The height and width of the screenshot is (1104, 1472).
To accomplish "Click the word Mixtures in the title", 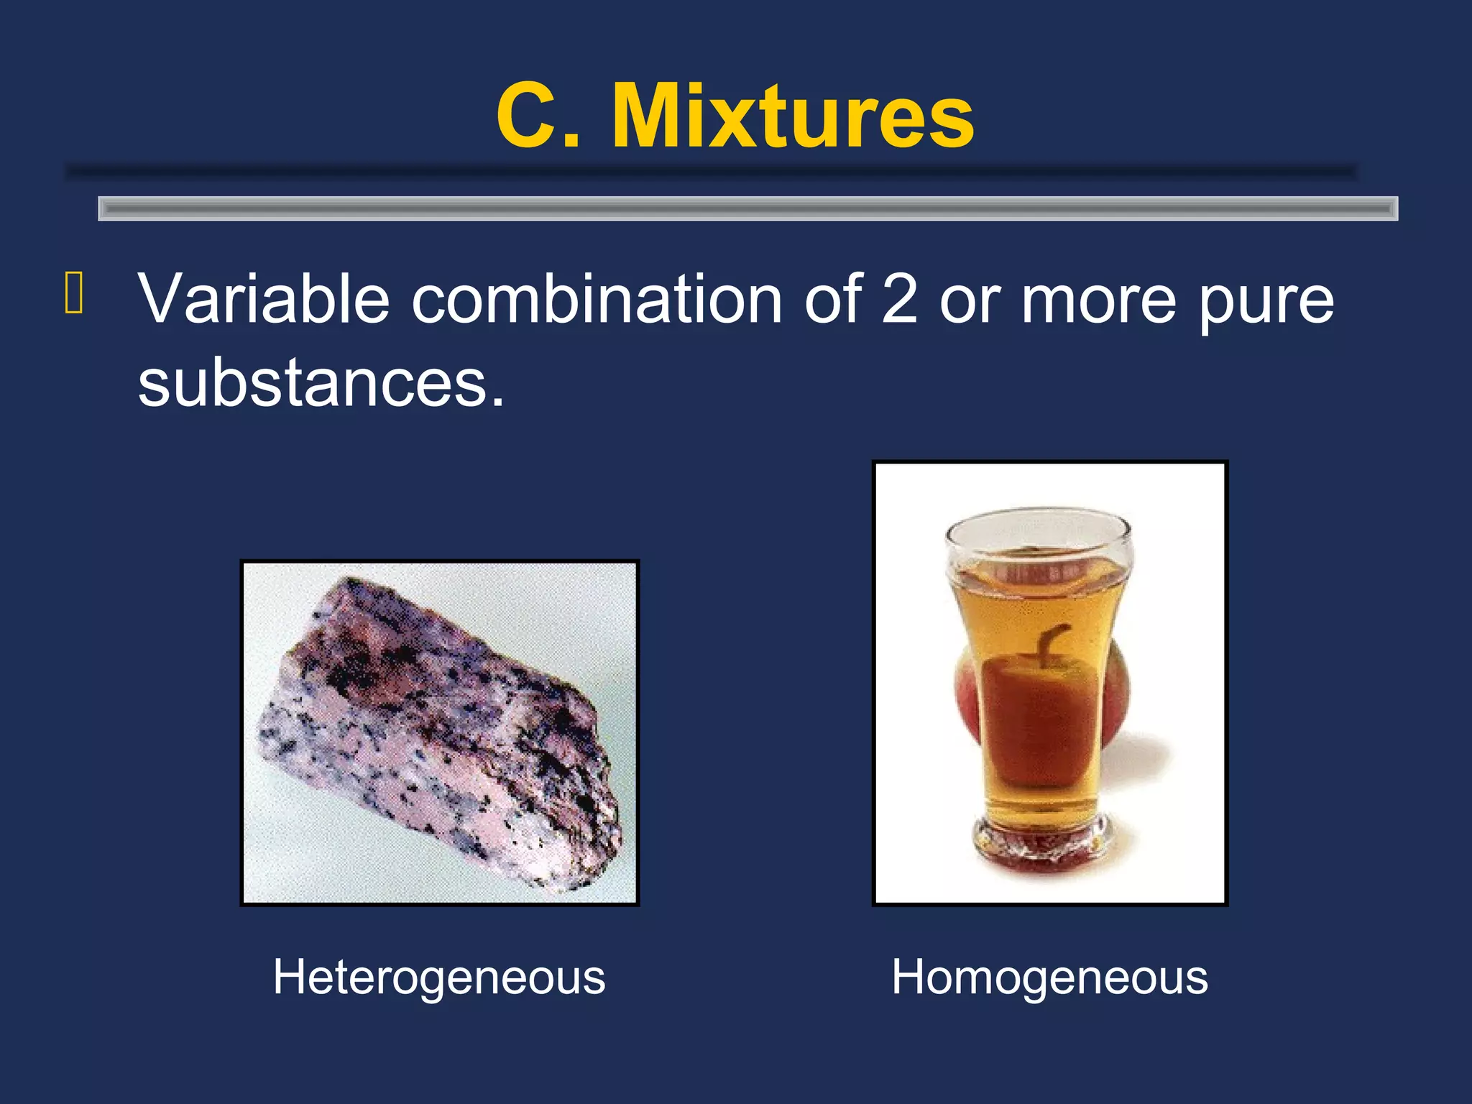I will [793, 115].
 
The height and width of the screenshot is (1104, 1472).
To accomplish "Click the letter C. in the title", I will [538, 115].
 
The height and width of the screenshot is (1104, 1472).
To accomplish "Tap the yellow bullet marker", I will [74, 293].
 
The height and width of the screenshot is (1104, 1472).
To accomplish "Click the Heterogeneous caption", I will [439, 977].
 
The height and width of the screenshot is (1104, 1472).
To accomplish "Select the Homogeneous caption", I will [1049, 977].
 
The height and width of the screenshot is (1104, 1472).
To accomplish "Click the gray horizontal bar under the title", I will [747, 208].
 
